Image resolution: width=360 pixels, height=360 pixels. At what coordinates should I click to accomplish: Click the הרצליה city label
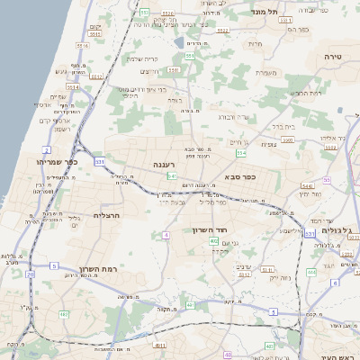106,216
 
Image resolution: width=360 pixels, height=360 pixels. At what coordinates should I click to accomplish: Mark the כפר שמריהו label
59,162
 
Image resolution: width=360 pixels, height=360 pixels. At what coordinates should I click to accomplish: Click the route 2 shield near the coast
46,149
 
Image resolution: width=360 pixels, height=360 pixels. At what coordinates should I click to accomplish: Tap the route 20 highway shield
30,274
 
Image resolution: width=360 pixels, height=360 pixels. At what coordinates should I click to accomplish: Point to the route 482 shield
64,314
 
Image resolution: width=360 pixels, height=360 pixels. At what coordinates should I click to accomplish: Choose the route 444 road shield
310,271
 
